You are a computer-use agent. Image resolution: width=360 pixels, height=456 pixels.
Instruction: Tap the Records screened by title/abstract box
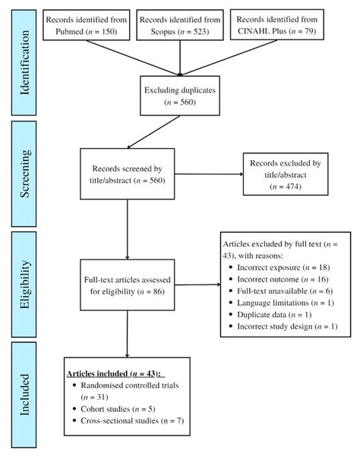tap(128, 174)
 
